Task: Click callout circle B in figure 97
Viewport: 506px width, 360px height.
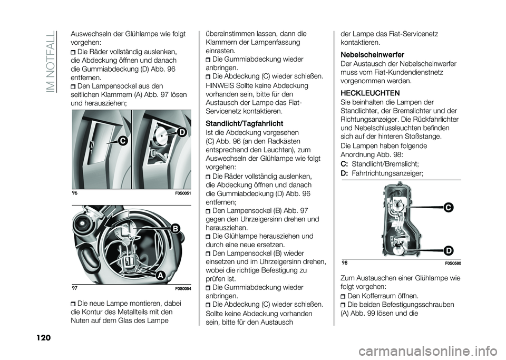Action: (x=174, y=228)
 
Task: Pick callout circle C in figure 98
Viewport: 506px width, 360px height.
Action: (x=448, y=208)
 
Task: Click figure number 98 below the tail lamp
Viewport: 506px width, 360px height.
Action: (x=344, y=263)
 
